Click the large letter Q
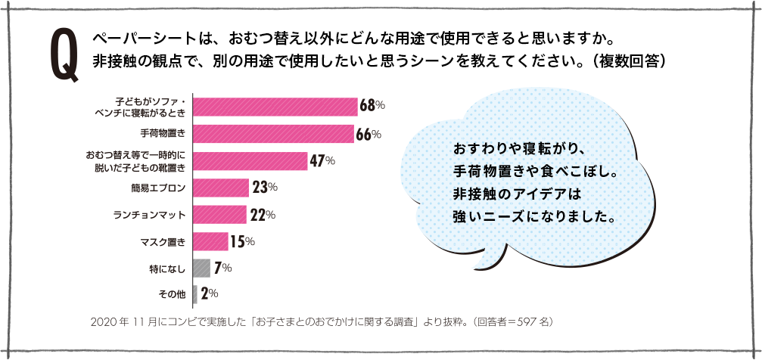coord(64,54)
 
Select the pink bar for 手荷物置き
coord(273,134)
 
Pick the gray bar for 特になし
coord(201,268)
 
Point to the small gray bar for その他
coord(195,293)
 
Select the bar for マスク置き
coord(210,241)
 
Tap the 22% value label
coord(262,215)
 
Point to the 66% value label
coord(368,135)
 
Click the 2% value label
coord(210,293)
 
